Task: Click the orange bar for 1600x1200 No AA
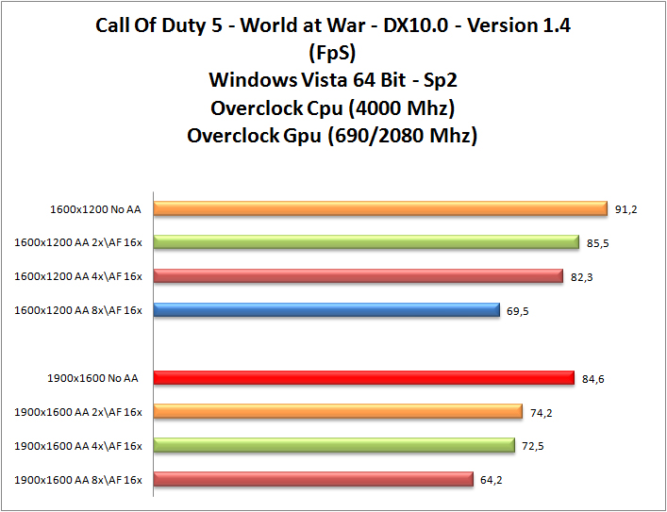coord(379,208)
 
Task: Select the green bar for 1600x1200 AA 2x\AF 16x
coord(366,242)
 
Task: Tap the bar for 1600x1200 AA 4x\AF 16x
coord(359,276)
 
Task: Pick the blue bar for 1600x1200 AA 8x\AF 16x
coord(326,310)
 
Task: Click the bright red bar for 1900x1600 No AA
coord(363,378)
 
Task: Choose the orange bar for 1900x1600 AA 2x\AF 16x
coord(338,411)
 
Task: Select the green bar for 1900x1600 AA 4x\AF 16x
coord(334,445)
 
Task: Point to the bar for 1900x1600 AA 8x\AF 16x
coord(313,479)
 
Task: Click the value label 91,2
coord(626,209)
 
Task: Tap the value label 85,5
coord(598,243)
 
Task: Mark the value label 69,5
coord(518,311)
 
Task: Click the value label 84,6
coord(593,379)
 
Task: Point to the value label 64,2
coord(492,480)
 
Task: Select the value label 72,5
coord(533,446)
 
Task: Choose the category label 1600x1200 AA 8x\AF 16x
coord(78,311)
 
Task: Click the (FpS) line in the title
coord(332,51)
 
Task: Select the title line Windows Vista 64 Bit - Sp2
coord(332,78)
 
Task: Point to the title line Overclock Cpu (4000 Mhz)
coord(332,106)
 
